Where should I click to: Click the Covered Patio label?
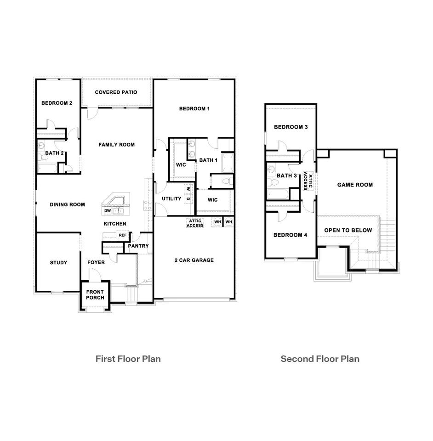point(116,92)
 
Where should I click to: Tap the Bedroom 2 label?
point(57,103)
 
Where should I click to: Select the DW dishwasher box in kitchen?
point(107,210)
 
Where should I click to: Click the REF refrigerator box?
point(122,235)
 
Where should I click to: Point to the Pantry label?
point(138,246)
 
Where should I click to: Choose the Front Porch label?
point(95,295)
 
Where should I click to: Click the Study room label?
point(58,263)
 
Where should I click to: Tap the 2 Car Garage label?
point(194,260)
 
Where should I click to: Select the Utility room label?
point(171,199)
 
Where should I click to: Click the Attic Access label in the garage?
point(195,223)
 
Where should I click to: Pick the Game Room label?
point(355,185)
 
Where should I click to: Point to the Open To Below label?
point(348,231)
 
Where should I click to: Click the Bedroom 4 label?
point(290,235)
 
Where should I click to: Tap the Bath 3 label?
point(286,175)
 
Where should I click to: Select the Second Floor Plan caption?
point(320,359)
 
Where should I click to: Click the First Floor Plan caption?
point(128,359)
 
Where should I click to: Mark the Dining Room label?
point(67,205)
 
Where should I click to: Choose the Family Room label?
point(116,145)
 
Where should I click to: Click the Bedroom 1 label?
point(194,109)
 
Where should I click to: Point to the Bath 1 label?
point(208,160)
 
